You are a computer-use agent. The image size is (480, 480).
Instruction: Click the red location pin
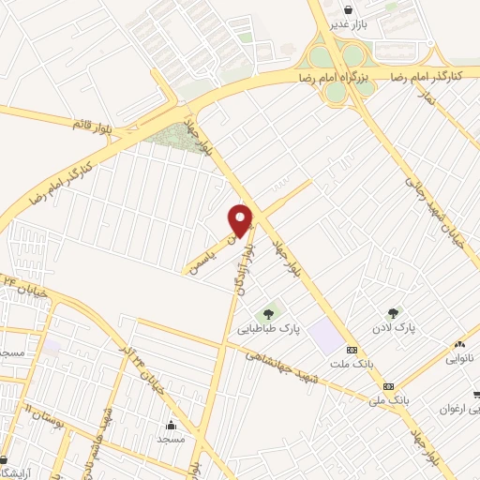[242, 220]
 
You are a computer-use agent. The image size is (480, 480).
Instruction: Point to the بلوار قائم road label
[93, 123]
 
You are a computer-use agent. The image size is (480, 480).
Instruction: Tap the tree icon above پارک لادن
[393, 313]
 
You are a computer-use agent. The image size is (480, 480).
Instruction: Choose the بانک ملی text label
[391, 401]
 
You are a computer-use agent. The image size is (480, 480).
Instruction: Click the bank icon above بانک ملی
[387, 385]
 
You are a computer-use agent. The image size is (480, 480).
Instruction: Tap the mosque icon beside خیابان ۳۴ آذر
[171, 424]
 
